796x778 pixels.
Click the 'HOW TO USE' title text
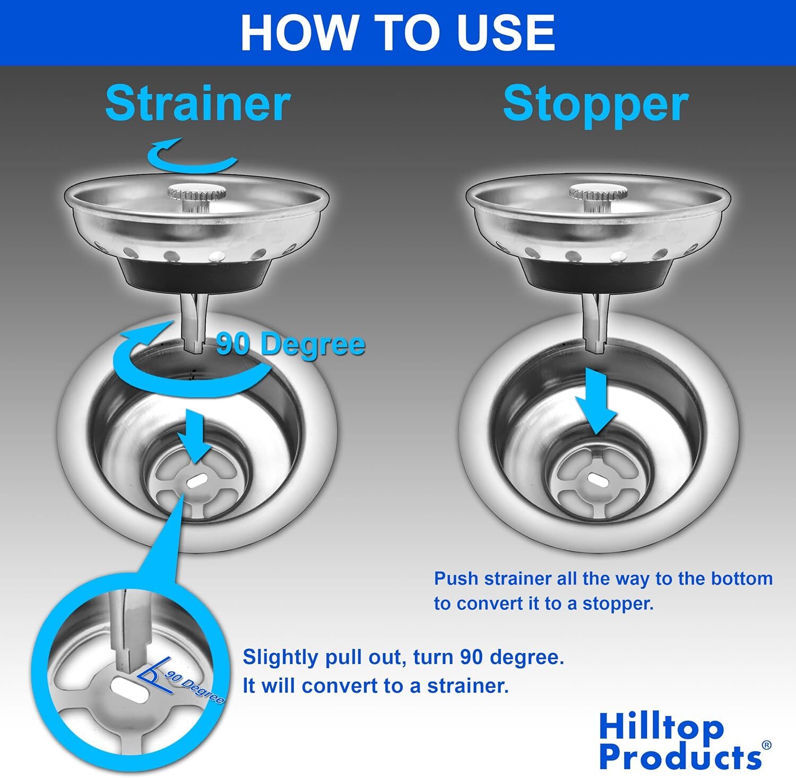point(397,33)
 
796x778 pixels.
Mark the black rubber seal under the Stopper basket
point(597,271)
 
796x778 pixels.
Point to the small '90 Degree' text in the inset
point(194,687)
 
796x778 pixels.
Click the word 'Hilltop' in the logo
point(661,728)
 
